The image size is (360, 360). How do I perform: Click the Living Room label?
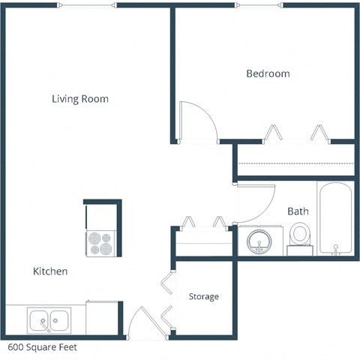[x=80, y=99]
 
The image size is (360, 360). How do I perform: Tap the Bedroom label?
[x=268, y=73]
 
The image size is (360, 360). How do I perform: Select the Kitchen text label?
[x=50, y=271]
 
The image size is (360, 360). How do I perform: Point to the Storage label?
[x=204, y=297]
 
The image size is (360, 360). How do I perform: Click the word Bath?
[x=298, y=211]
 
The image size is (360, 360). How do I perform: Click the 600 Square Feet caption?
[x=42, y=348]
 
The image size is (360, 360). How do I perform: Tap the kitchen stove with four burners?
[x=100, y=241]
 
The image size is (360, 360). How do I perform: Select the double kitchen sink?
[x=49, y=321]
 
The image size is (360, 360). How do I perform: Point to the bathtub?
[x=334, y=219]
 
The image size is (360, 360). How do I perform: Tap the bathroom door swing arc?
[x=255, y=202]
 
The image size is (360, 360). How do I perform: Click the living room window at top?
[x=87, y=6]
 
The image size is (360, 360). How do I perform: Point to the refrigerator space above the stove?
[x=101, y=215]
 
